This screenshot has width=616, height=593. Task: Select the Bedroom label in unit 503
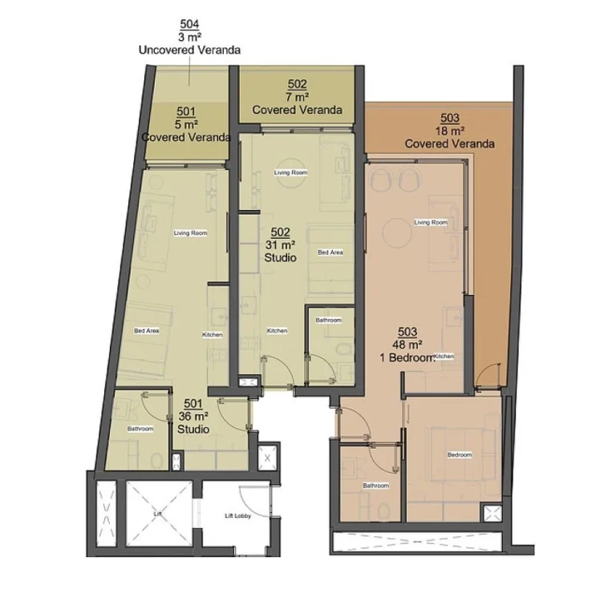(460, 455)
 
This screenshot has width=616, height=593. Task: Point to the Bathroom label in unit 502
(328, 320)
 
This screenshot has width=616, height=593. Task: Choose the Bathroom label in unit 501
(140, 429)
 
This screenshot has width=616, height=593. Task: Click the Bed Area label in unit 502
(330, 252)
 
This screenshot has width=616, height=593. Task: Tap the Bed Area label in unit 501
(146, 330)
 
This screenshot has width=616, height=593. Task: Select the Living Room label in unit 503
(430, 222)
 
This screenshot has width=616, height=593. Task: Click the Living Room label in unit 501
(191, 233)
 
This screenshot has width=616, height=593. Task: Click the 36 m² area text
(193, 416)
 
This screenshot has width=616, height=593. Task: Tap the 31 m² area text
(281, 245)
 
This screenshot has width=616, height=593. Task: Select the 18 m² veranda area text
(449, 131)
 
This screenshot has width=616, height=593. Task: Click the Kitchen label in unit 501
(212, 334)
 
